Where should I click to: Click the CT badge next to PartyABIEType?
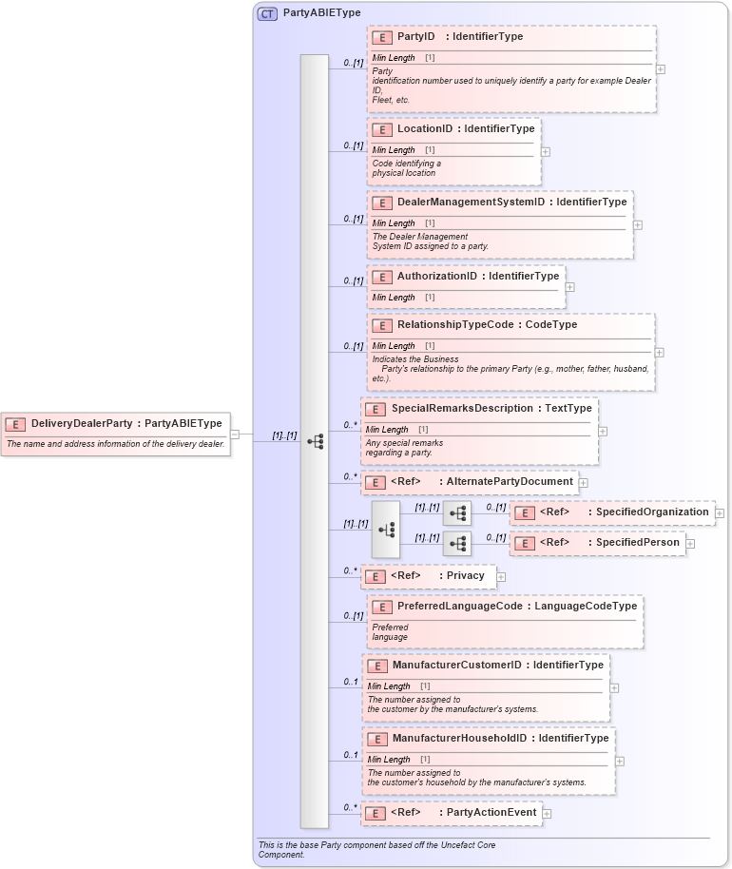pos(268,13)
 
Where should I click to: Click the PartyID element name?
pos(415,37)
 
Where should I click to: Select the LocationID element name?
pos(425,128)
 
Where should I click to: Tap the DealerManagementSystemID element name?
pos(471,202)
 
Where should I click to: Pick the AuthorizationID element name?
pos(436,276)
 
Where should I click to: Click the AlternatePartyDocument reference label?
pos(510,482)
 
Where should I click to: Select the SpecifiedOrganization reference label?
pos(652,512)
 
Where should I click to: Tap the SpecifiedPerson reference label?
pos(638,543)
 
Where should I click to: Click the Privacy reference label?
pos(466,575)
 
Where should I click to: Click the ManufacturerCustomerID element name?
pos(457,665)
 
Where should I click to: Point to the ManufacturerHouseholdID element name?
pos(460,738)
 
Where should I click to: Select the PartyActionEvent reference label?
pos(491,813)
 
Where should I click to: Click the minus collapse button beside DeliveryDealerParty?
pos(235,434)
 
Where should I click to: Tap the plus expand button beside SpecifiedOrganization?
pos(720,513)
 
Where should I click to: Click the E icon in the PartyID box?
pos(381,37)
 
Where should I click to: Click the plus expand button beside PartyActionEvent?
pos(547,814)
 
